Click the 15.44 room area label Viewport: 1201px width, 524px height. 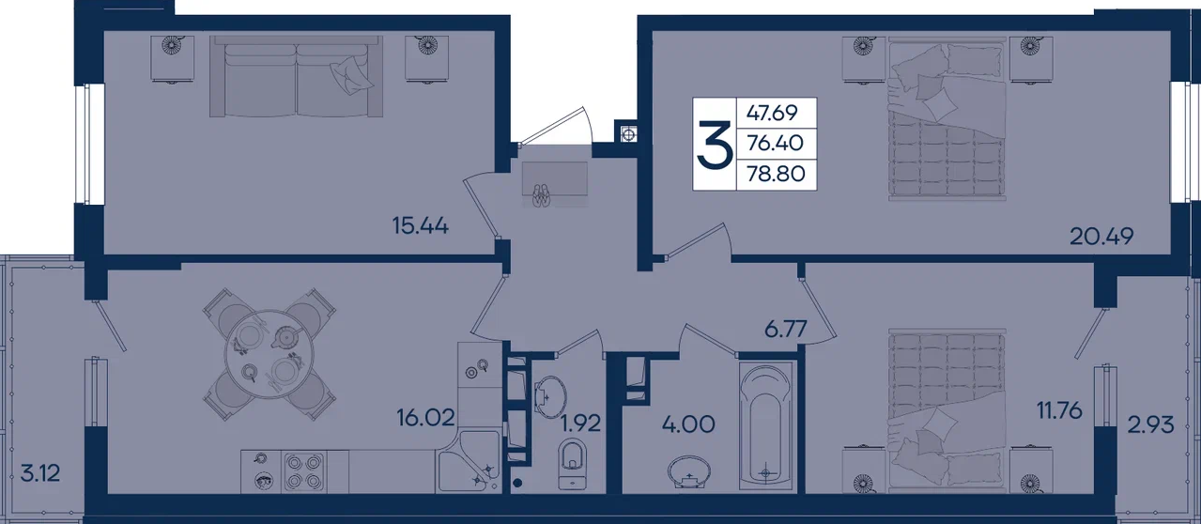[x=421, y=225]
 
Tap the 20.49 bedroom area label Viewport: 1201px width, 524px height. [x=1101, y=236]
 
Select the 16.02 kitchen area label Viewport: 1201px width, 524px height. [x=425, y=417]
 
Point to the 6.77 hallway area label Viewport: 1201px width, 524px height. [x=785, y=329]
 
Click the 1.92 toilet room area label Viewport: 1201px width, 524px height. [x=580, y=424]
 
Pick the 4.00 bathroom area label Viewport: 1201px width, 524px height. [x=688, y=424]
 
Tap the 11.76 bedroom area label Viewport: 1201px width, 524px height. [x=1059, y=410]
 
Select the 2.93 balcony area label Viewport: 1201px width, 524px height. [x=1150, y=425]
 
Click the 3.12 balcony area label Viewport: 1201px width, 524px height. [x=40, y=473]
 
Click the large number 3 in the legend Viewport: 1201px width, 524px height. [x=715, y=144]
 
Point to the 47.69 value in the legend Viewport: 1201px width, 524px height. [x=772, y=113]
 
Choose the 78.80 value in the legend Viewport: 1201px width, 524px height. [x=776, y=174]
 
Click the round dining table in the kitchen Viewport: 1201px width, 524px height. [x=268, y=354]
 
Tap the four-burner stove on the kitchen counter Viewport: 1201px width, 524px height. [x=304, y=471]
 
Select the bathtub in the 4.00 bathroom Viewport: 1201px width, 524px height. [x=765, y=425]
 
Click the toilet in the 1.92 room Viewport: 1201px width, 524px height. [x=573, y=463]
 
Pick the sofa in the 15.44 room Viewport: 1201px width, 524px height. [x=296, y=76]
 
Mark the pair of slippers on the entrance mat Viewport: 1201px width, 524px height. [x=541, y=195]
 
